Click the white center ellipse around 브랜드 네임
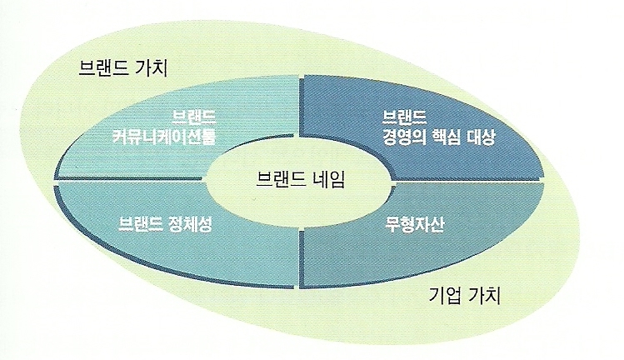tap(300, 200)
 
